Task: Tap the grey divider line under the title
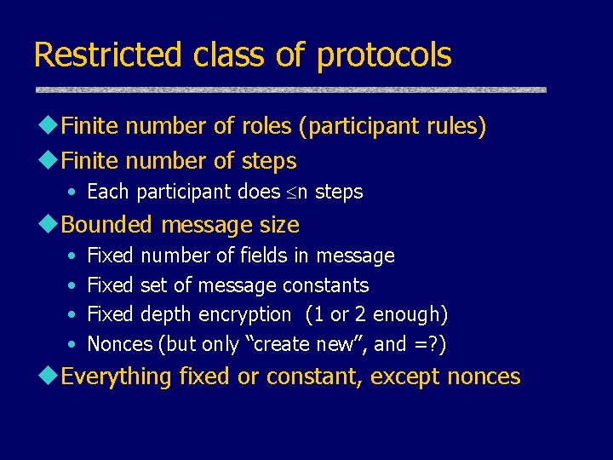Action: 290,89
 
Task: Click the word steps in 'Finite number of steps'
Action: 268,161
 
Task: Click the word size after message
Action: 280,225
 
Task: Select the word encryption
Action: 244,315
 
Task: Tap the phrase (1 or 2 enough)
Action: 376,314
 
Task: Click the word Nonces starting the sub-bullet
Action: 120,344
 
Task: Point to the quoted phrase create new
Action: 313,344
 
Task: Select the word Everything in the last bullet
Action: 117,377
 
